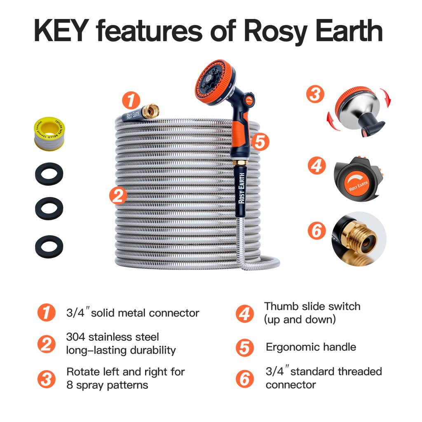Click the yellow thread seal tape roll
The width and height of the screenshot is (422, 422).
click(x=49, y=131)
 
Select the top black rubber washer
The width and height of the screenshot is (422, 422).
click(x=49, y=173)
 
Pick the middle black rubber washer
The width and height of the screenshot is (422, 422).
click(x=49, y=209)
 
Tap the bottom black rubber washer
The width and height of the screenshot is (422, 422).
click(x=49, y=246)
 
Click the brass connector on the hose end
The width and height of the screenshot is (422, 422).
click(x=152, y=110)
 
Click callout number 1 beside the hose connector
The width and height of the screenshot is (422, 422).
click(x=131, y=101)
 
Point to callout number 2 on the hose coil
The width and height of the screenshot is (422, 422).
click(x=118, y=196)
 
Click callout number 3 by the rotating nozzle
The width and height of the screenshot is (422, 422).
click(x=315, y=94)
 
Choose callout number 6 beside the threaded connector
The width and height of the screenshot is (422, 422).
click(x=316, y=231)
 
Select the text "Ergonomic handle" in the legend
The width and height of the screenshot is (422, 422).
click(x=311, y=347)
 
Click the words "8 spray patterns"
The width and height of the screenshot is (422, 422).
click(x=107, y=385)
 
